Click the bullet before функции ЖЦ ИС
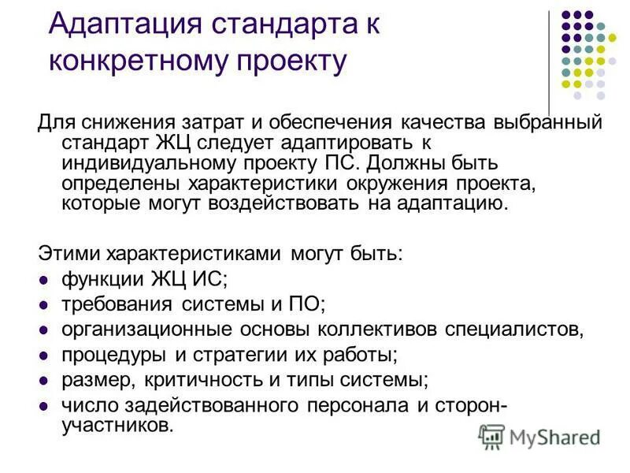click(x=44, y=279)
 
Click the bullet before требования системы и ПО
click(x=44, y=304)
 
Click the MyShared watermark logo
click(x=540, y=436)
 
